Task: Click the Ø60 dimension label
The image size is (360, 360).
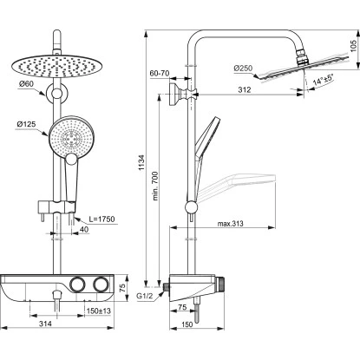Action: click(27, 85)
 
